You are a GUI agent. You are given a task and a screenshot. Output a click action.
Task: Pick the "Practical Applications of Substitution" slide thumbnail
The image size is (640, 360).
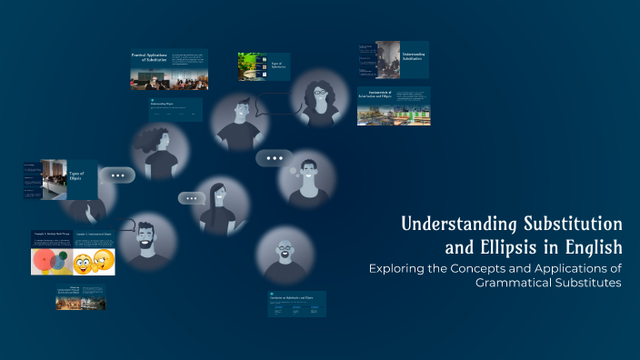pos(168,69)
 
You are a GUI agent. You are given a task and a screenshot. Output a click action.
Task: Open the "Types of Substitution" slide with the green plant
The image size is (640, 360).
pos(263,66)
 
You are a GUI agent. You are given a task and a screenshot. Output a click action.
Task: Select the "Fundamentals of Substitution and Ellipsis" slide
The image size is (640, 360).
pos(393,105)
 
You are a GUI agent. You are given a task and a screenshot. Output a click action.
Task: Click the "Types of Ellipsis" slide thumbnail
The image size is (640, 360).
pos(60,179)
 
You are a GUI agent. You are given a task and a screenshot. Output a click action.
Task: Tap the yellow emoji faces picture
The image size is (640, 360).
pos(93,260)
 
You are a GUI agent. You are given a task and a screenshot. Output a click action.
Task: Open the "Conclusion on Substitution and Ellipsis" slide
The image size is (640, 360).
pos(296,304)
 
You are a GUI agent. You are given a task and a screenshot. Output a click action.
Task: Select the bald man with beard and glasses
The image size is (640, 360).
pos(285,255)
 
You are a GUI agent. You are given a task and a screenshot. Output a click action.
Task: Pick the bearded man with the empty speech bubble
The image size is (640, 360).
pos(145,241)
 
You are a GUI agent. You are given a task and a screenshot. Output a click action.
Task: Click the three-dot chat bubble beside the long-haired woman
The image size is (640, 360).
pos(191,198)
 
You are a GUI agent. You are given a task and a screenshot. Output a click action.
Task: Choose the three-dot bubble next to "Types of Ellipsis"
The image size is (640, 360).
pos(117,175)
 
